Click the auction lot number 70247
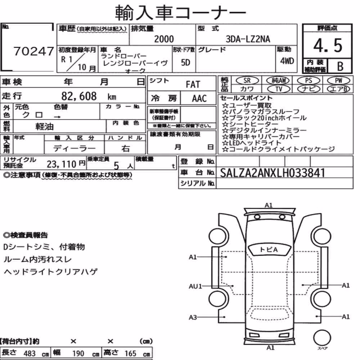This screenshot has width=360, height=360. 34,51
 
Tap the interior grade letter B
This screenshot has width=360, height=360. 340,66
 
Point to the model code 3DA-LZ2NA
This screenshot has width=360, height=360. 248,39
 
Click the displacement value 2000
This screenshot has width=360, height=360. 164,39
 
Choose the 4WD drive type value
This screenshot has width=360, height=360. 287,61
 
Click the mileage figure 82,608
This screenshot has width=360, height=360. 79,96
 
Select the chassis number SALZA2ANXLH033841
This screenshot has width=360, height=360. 273,173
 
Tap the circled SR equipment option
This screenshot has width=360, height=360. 247,81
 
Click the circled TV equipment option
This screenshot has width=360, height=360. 279,89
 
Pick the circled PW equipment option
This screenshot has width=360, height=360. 338,80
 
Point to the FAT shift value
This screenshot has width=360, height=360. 193,85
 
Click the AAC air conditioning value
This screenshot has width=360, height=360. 199,99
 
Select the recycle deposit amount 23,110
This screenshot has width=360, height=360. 62,164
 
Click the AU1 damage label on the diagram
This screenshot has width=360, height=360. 195,286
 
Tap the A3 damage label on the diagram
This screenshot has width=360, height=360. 193,317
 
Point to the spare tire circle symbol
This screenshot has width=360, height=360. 322,338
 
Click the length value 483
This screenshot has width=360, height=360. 30,354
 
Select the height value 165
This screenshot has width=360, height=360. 130,354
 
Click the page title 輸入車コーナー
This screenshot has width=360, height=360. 180,12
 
